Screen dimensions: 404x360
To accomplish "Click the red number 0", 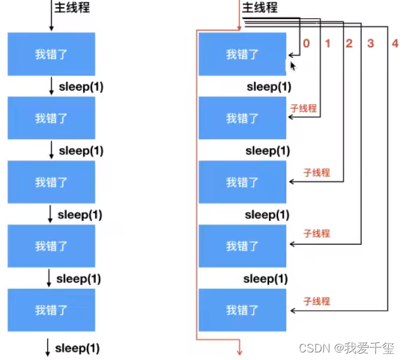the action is [306, 44].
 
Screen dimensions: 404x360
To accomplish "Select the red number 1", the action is [327, 44].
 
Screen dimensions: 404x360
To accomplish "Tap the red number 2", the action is [349, 44].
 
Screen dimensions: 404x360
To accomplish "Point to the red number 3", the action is [371, 44].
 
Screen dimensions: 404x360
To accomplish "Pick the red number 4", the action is [395, 44].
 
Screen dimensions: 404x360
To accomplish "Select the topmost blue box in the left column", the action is [51, 54].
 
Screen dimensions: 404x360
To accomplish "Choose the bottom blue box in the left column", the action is [51, 310].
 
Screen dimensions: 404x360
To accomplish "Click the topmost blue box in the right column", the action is [242, 54].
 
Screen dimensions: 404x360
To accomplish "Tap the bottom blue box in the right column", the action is [242, 310].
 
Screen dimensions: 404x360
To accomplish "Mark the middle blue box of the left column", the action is [51, 182].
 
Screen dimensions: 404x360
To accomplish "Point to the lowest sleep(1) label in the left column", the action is [78, 347].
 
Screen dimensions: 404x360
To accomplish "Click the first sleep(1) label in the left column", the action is [81, 86].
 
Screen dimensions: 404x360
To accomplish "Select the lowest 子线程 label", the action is [316, 301].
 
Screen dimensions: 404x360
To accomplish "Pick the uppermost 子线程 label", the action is [303, 108].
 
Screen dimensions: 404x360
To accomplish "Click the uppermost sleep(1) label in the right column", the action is [269, 86].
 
